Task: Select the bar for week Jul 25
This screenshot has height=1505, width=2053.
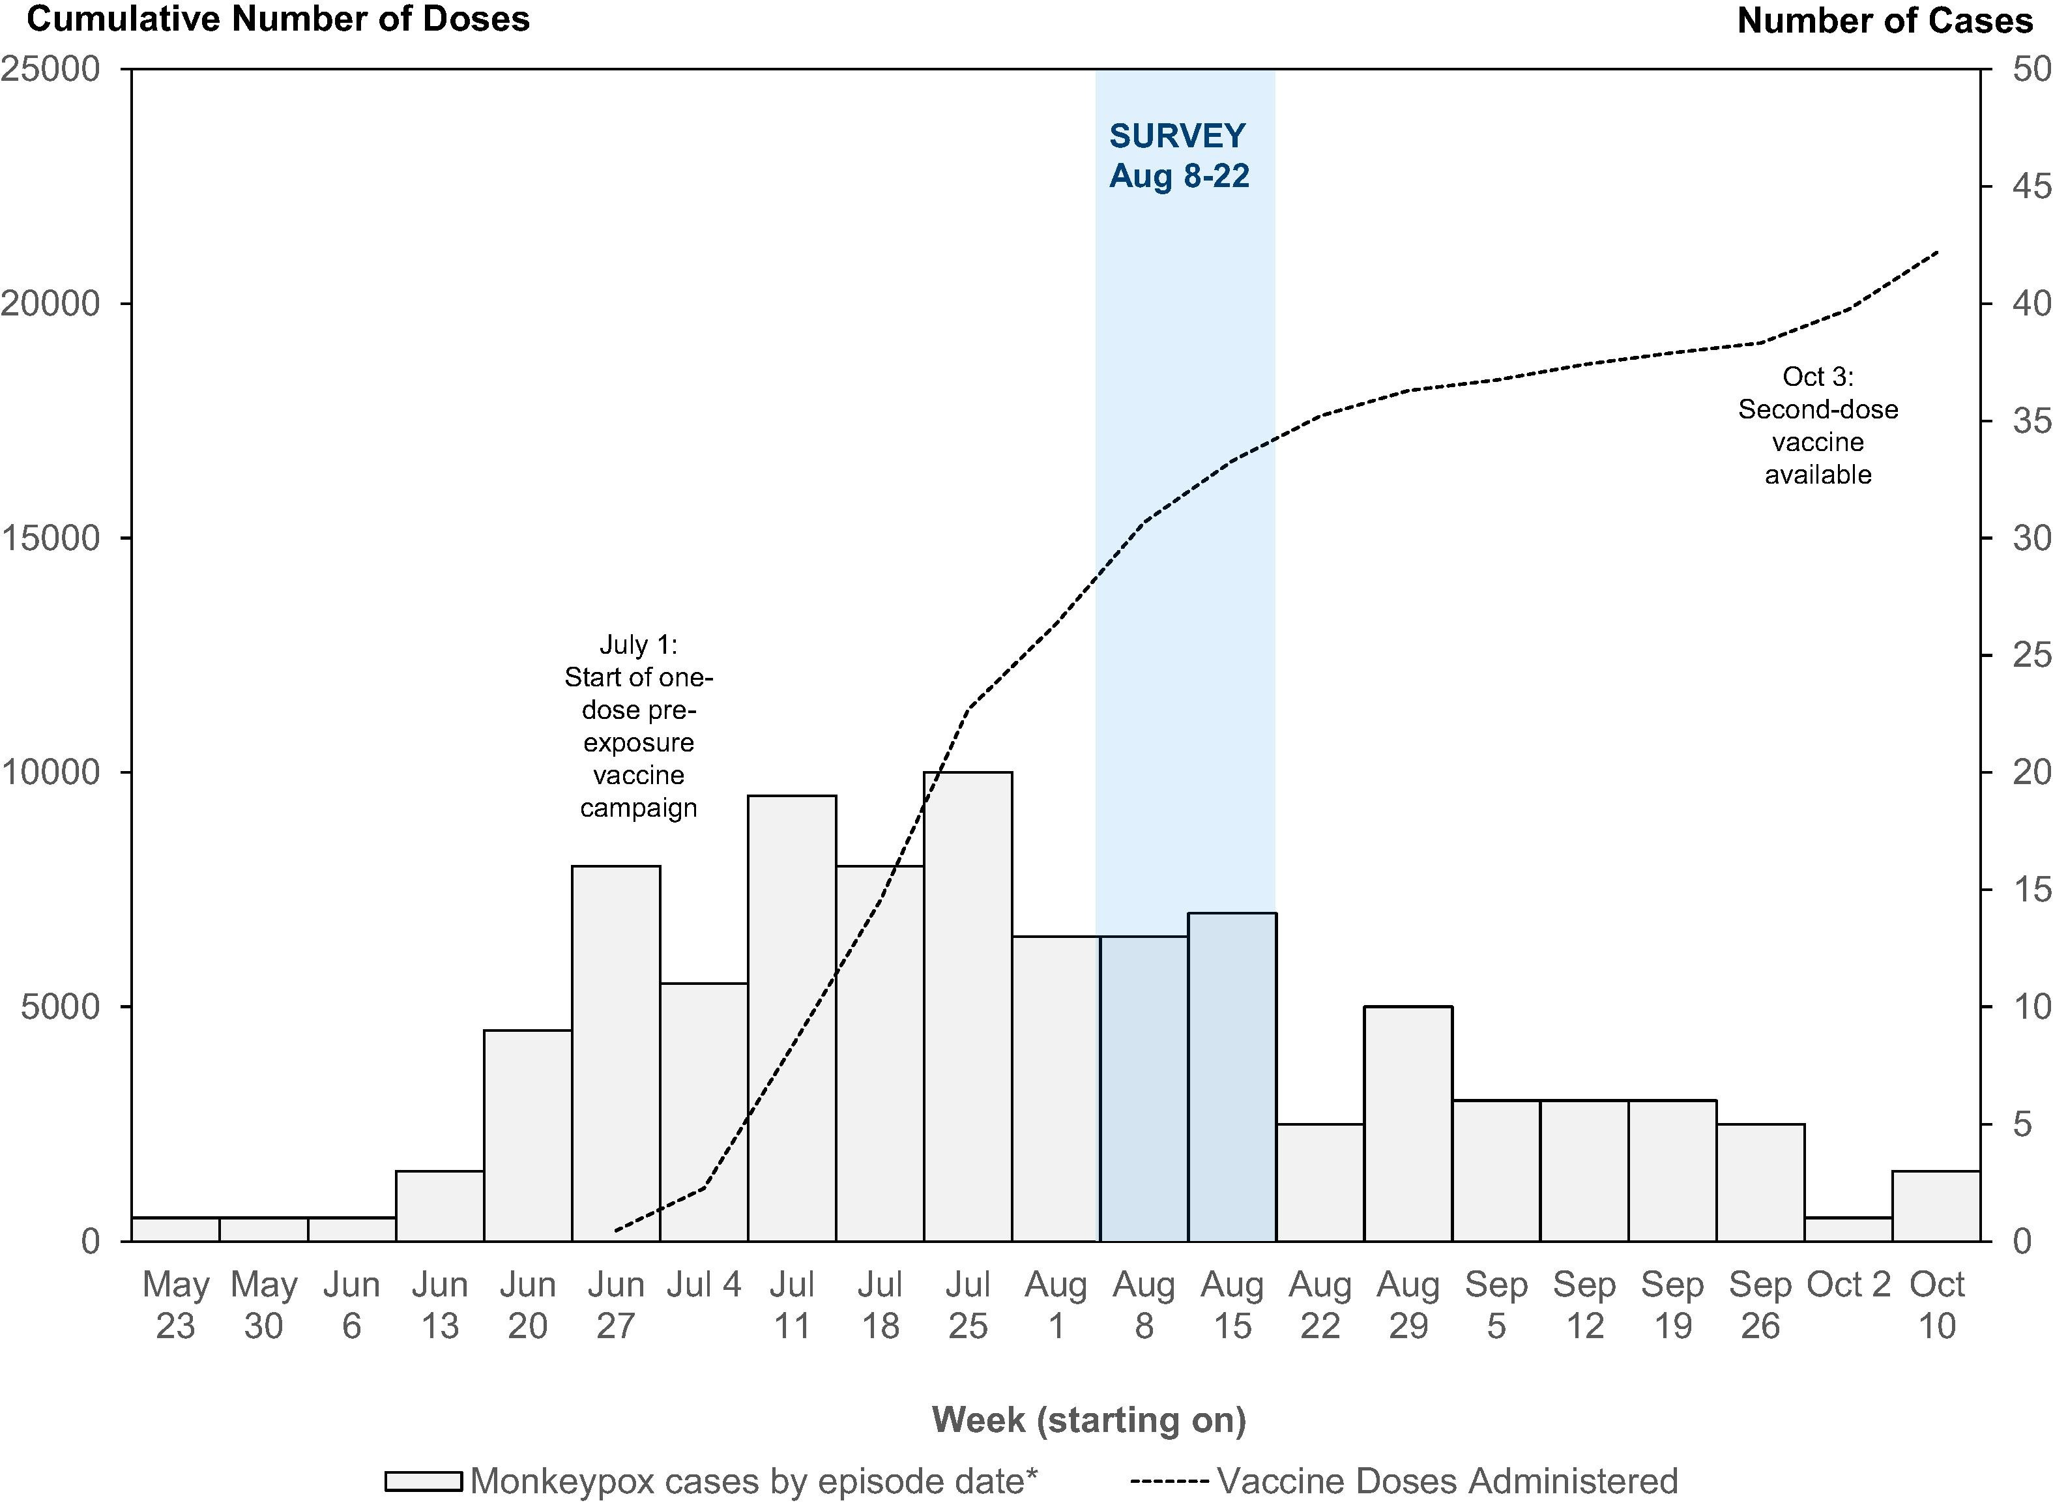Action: coord(967,1006)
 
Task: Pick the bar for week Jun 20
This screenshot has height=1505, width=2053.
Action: coord(527,1135)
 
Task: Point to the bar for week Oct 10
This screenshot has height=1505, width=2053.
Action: coord(1936,1205)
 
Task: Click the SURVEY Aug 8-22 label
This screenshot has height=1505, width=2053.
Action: coord(1178,155)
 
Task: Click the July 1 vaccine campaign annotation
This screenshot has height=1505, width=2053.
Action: coord(639,726)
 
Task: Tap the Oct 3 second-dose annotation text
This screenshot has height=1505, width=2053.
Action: coord(1817,426)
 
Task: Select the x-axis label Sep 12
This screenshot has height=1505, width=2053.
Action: coord(1584,1305)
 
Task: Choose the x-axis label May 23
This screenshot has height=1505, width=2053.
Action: coord(176,1305)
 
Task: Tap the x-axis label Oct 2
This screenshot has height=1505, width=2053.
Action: coord(1848,1285)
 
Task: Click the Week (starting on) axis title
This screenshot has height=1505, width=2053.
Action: coord(1088,1418)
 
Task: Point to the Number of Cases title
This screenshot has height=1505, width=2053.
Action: coord(1884,20)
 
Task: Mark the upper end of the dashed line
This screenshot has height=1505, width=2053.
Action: coord(1936,252)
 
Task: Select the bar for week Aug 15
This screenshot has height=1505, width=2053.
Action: coord(1231,1076)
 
